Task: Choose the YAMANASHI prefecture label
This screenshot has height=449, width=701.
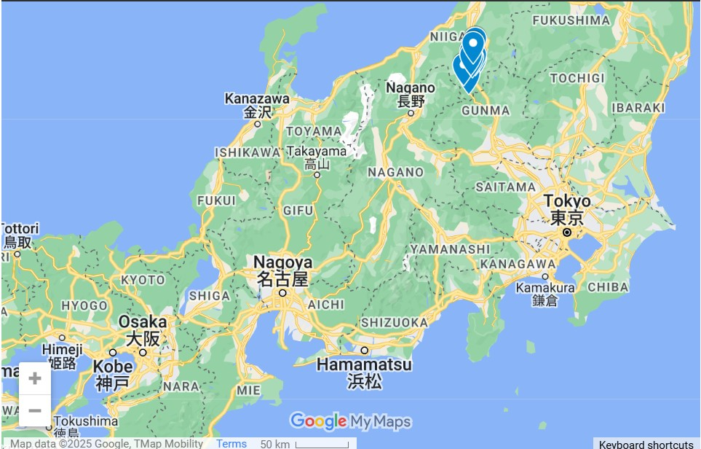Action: pos(450,249)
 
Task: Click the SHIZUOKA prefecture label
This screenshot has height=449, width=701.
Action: pos(394,322)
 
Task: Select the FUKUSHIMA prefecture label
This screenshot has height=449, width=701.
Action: pos(572,20)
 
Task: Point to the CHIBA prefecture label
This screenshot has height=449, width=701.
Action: pos(608,287)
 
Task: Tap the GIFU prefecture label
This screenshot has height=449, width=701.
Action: pos(298,211)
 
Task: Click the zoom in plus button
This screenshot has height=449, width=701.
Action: pos(34,378)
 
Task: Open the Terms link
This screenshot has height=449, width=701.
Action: pos(231,444)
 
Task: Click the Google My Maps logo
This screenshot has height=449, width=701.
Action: pos(350,421)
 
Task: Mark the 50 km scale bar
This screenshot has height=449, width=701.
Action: pos(321,444)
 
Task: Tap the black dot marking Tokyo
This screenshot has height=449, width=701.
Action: pos(567,233)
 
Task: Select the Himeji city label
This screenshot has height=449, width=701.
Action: pos(62,350)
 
